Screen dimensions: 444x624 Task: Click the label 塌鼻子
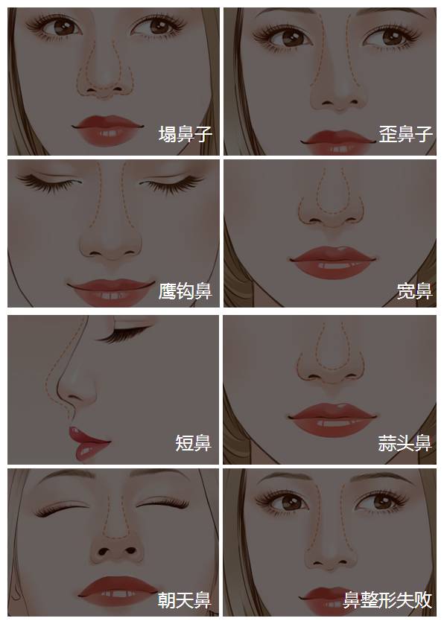pos(185,134)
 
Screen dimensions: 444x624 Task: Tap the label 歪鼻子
pos(405,134)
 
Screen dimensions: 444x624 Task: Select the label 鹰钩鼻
pos(185,291)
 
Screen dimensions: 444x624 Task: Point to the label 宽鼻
pos(414,291)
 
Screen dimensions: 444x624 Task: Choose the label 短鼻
pos(194,443)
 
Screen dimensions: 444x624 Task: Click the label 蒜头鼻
pos(405,443)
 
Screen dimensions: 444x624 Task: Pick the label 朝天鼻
pos(184,599)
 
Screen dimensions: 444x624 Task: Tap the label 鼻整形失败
pos(387,599)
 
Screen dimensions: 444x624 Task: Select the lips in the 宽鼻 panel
pos(332,262)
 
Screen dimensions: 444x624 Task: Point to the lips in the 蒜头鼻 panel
pos(332,419)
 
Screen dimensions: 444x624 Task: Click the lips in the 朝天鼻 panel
pos(118,592)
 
